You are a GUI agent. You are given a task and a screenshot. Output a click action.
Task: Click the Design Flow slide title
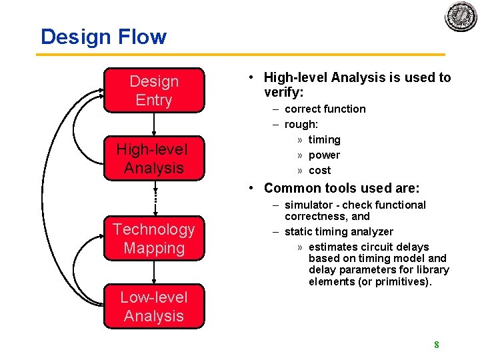pyautogui.click(x=103, y=37)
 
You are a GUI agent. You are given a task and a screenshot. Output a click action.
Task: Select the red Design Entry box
pyautogui.click(x=154, y=91)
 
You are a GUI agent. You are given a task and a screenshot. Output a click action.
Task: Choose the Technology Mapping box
pyautogui.click(x=154, y=239)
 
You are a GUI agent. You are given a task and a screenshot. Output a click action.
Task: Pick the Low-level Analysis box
pyautogui.click(x=154, y=307)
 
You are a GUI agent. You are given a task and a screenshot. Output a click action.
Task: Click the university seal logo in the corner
pyautogui.click(x=461, y=16)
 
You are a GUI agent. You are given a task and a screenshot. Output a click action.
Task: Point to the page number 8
pyautogui.click(x=436, y=345)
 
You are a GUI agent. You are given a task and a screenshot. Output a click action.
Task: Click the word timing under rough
pyautogui.click(x=324, y=139)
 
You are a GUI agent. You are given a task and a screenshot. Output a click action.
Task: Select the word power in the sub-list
pyautogui.click(x=324, y=155)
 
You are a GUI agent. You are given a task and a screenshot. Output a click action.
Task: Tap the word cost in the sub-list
pyautogui.click(x=320, y=170)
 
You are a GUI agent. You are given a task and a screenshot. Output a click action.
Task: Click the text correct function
pyautogui.click(x=325, y=109)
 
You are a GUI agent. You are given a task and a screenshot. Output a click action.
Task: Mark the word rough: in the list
pyautogui.click(x=301, y=124)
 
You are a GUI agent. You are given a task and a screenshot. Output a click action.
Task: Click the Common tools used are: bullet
pyautogui.click(x=341, y=188)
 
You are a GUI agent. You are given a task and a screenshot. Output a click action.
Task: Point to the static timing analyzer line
pyautogui.click(x=339, y=231)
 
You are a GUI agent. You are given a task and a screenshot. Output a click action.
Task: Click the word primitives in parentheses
pyautogui.click(x=404, y=281)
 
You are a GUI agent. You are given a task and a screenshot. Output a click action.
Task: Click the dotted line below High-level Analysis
pyautogui.click(x=154, y=197)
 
